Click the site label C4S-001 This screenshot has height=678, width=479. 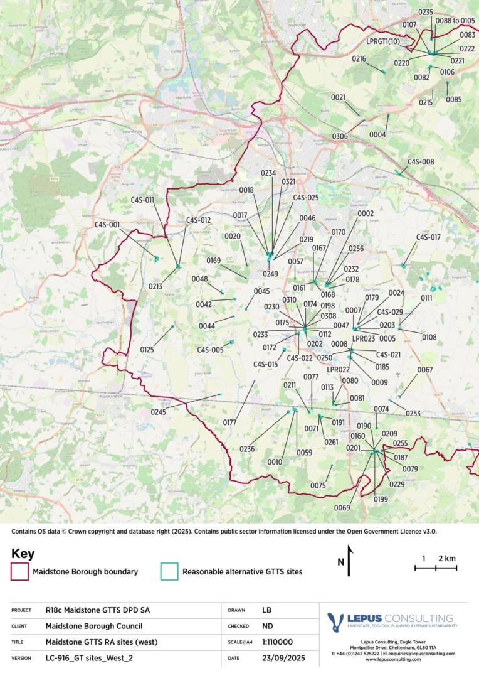107,224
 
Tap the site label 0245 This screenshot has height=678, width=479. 159,412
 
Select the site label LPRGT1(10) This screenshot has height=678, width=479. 383,41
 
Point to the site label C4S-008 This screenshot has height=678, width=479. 421,161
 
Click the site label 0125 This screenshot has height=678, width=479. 147,349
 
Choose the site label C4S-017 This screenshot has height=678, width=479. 428,237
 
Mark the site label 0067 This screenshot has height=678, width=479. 425,370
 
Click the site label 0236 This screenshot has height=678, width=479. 247,449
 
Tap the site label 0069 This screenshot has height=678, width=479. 342,507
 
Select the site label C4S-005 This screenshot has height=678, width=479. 210,350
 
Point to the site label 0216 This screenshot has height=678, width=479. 359,58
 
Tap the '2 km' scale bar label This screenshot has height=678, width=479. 446,558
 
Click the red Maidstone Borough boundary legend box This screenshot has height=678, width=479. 20,572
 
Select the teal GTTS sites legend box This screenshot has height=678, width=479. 169,572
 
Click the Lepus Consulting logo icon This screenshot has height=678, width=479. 335,622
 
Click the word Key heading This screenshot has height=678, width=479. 23,554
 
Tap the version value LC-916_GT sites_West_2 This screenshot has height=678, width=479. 90,658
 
